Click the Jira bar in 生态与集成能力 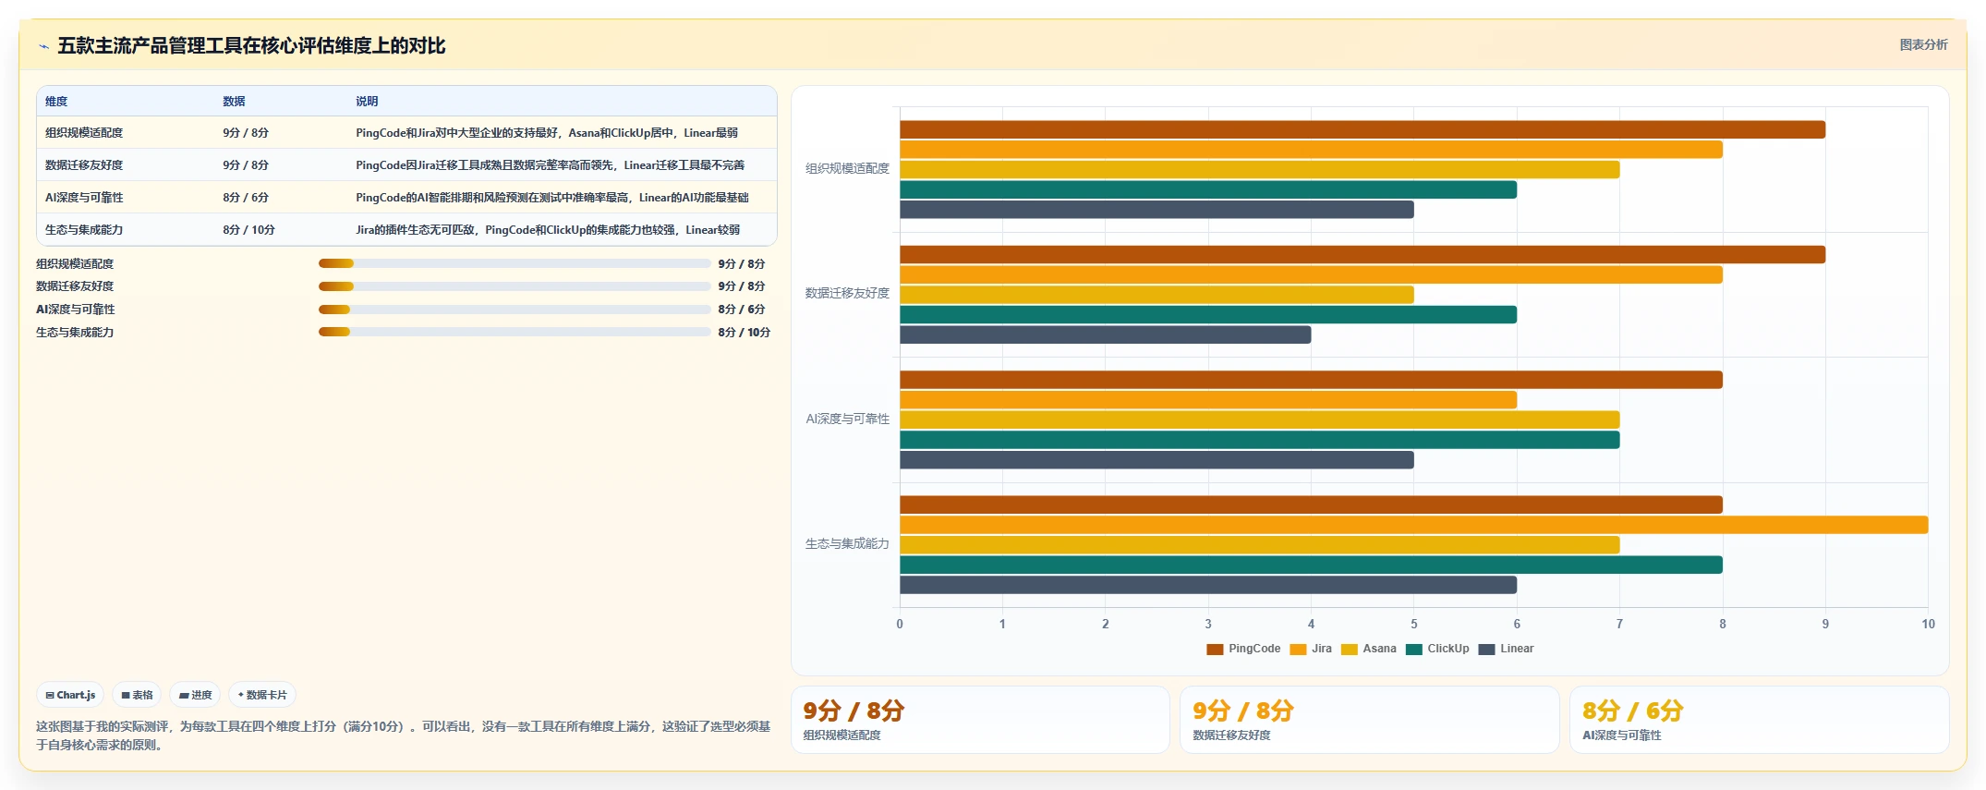pyautogui.click(x=1413, y=525)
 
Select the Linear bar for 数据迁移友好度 pyautogui.click(x=1105, y=334)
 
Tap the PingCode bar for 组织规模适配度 pyautogui.click(x=1362, y=129)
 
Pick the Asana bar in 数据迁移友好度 pyautogui.click(x=1156, y=295)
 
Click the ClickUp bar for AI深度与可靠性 pyautogui.click(x=1259, y=440)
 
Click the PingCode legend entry pyautogui.click(x=1243, y=649)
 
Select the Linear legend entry pyautogui.click(x=1506, y=649)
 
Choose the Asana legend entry pyautogui.click(x=1369, y=649)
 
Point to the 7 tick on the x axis pyautogui.click(x=1619, y=624)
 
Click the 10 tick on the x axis pyautogui.click(x=1928, y=624)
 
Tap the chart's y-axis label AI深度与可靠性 pyautogui.click(x=847, y=419)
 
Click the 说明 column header pyautogui.click(x=367, y=102)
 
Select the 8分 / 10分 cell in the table pyautogui.click(x=248, y=230)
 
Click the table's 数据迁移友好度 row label pyautogui.click(x=84, y=165)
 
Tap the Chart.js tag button pyautogui.click(x=70, y=695)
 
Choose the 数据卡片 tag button pyautogui.click(x=262, y=695)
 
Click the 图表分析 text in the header pyautogui.click(x=1923, y=44)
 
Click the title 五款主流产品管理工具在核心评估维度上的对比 pyautogui.click(x=251, y=45)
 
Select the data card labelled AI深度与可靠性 pyautogui.click(x=1759, y=720)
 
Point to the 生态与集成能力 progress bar pyautogui.click(x=515, y=333)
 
